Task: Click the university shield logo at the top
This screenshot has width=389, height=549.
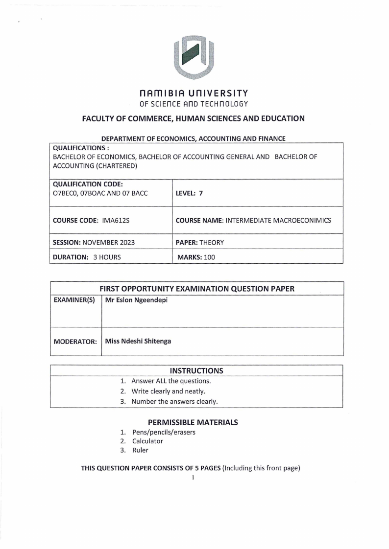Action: tap(194, 57)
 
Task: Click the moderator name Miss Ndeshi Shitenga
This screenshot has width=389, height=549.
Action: tap(138, 341)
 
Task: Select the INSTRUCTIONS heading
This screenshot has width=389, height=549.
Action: tap(196, 370)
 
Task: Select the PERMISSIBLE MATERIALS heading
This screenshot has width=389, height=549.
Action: tap(193, 422)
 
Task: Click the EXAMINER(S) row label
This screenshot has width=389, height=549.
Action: tap(74, 300)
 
